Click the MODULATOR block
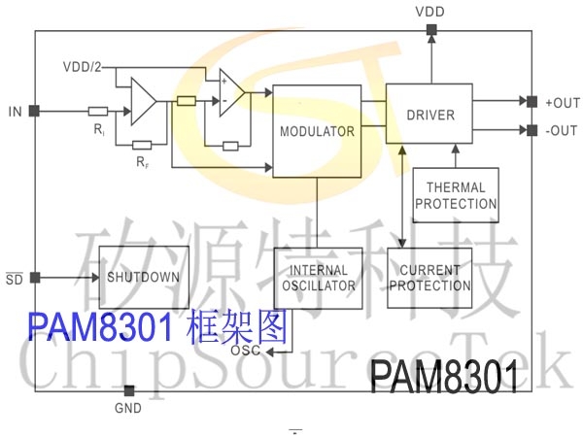coord(318,130)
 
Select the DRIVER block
coord(430,115)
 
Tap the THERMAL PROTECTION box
coord(456,195)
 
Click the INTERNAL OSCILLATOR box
coord(318,278)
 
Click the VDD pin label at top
coord(431,11)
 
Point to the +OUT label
coord(561,101)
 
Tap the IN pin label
coord(15,111)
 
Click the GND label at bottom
coord(127,408)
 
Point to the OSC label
coord(247,351)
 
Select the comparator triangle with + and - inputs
coord(230,94)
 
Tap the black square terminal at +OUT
coord(530,101)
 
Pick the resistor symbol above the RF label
coord(141,147)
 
